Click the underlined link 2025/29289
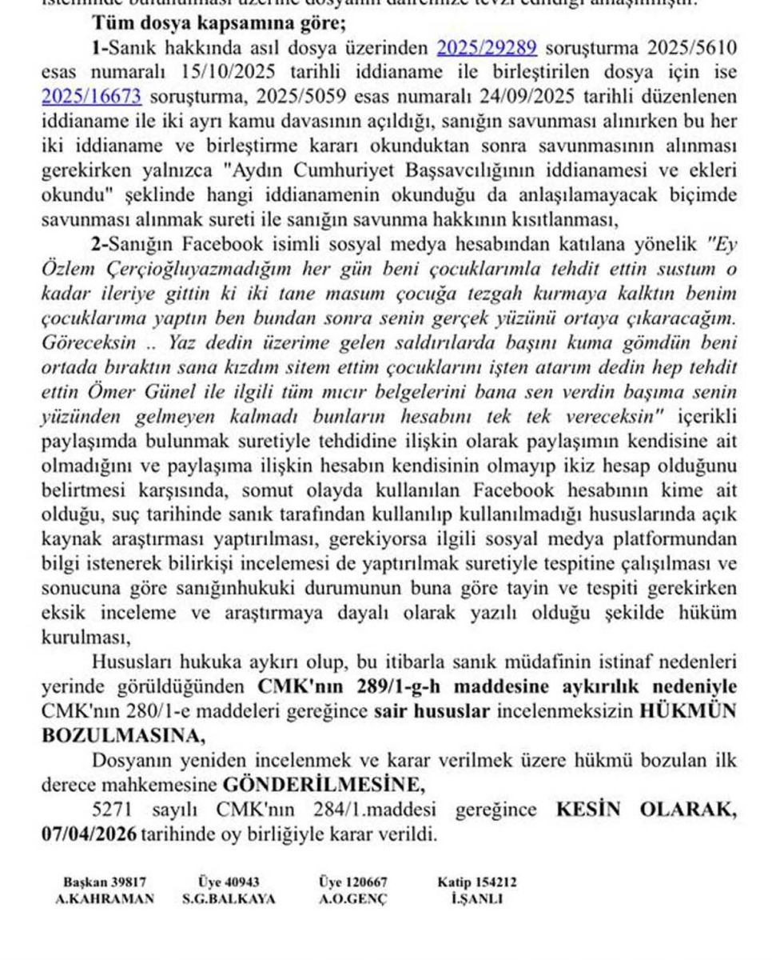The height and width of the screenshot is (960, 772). pyautogui.click(x=486, y=47)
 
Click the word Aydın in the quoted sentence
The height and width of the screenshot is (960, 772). pyautogui.click(x=261, y=170)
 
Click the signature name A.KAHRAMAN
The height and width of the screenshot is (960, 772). pyautogui.click(x=104, y=898)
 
